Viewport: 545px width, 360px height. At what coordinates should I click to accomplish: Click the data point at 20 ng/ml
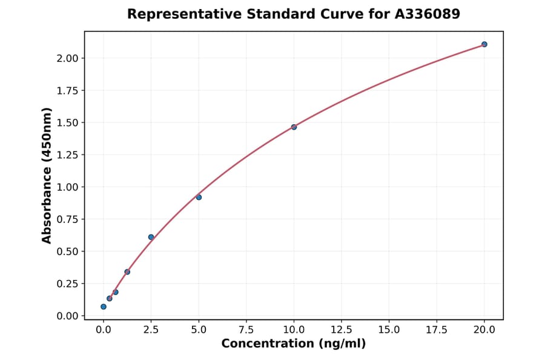click(484, 44)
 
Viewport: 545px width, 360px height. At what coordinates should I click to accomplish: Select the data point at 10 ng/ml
click(294, 127)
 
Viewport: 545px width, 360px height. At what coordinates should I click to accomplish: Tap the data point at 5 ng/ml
click(199, 197)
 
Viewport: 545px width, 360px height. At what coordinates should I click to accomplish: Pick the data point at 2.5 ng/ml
click(151, 237)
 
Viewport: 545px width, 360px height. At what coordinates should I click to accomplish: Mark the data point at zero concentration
click(104, 307)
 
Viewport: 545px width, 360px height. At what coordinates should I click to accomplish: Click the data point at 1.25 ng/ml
click(127, 272)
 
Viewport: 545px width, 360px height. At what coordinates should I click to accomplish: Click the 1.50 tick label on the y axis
click(68, 122)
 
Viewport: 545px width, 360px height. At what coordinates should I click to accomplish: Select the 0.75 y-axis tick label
click(68, 219)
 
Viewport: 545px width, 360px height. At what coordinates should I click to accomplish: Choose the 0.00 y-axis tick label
click(68, 316)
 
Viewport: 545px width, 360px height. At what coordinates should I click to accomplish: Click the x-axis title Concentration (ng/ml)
click(294, 344)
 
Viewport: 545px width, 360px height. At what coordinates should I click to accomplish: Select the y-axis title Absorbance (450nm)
click(47, 175)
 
